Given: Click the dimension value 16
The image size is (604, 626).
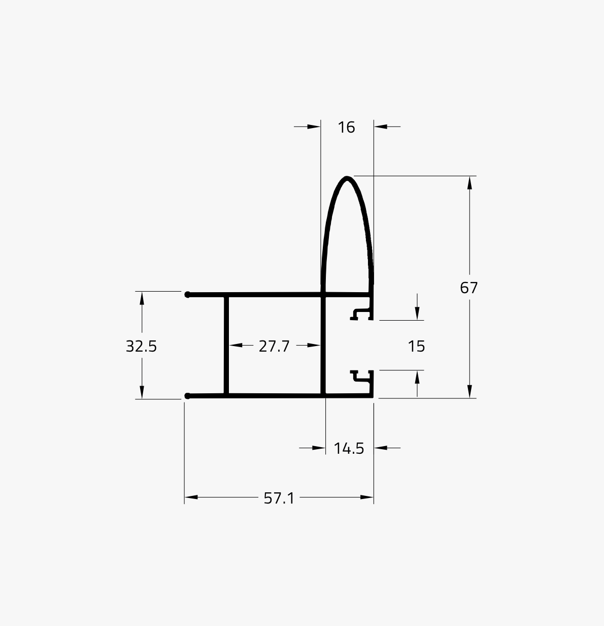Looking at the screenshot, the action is point(346,128).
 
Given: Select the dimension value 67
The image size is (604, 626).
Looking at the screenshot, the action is point(469,288).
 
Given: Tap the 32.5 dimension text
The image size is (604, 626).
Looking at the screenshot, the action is point(142,347).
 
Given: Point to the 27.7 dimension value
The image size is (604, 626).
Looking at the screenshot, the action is point(274,347).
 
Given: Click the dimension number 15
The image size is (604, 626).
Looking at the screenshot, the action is point(416,347).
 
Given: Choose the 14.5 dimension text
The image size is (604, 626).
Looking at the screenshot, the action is point(349,449).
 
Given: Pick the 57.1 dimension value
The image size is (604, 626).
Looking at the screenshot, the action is point(279,498).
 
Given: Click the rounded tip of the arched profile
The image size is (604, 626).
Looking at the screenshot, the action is point(347,178).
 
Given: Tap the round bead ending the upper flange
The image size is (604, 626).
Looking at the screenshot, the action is point(187,295).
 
